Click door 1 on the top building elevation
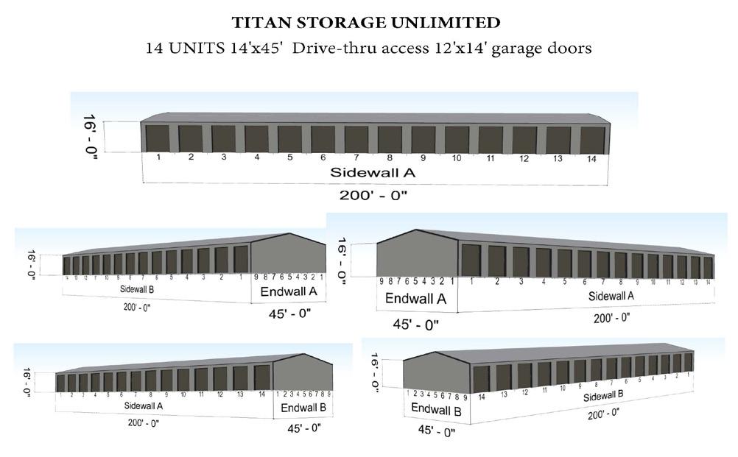[x=158, y=138]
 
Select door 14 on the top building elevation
[x=591, y=140]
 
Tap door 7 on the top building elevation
[x=356, y=139]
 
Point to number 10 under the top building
[x=457, y=158]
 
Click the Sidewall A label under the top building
[x=373, y=173]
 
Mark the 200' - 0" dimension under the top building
[x=373, y=195]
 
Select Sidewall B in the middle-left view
[x=137, y=289]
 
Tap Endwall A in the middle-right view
[x=416, y=299]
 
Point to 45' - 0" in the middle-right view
[x=415, y=324]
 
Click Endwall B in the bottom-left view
[x=303, y=408]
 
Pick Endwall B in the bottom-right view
[x=435, y=408]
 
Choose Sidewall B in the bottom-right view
[x=603, y=397]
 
